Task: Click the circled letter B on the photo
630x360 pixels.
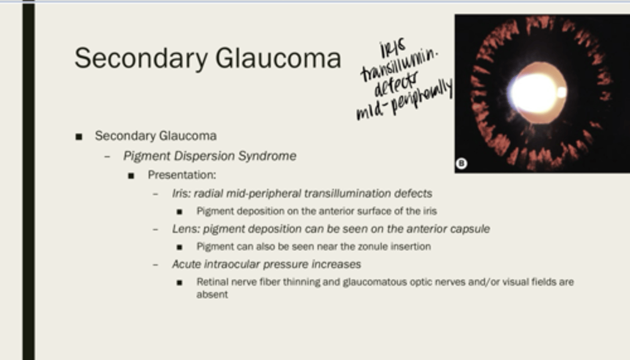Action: (x=461, y=164)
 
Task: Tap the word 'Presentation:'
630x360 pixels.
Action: (x=182, y=175)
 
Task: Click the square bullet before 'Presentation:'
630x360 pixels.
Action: (x=131, y=176)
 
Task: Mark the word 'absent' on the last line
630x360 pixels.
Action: (x=212, y=294)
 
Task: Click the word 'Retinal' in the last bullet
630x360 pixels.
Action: (x=212, y=282)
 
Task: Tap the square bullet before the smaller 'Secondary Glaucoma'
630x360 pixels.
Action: (x=79, y=137)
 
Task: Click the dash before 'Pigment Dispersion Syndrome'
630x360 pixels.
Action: (x=107, y=157)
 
